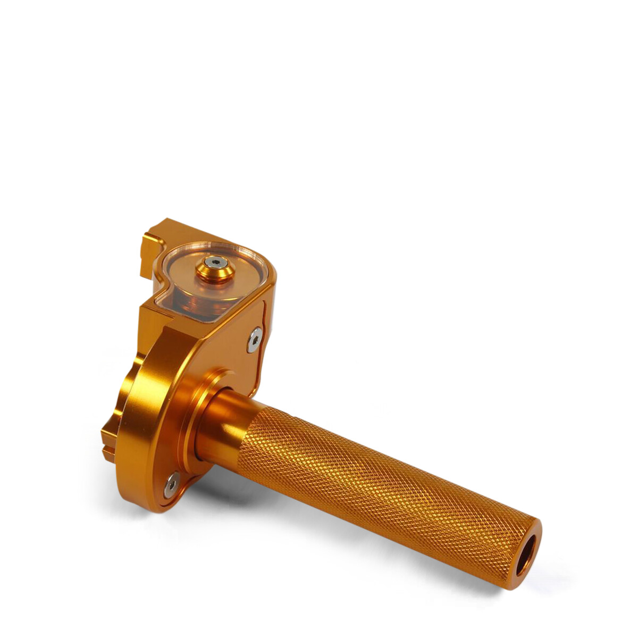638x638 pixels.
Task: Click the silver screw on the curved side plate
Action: click(x=256, y=339)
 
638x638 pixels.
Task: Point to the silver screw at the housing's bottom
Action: click(x=171, y=485)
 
